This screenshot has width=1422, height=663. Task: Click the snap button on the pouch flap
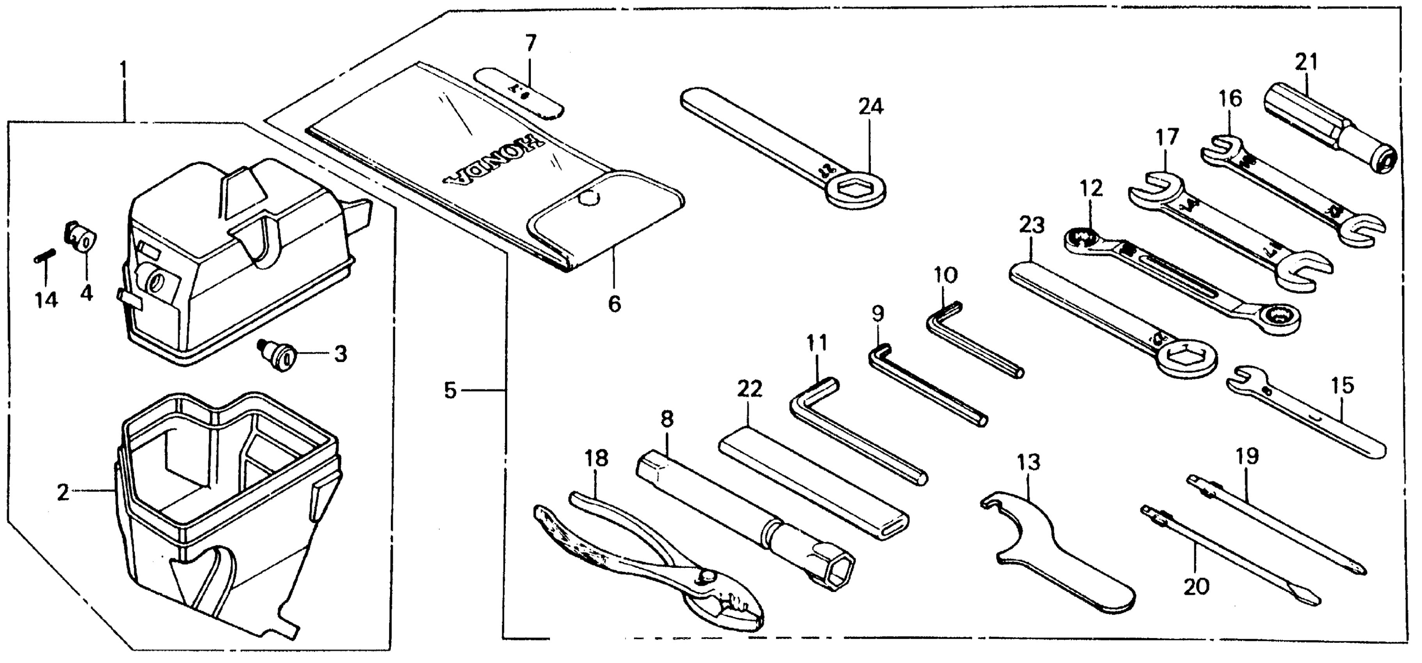589,197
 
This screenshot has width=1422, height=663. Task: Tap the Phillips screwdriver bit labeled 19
1275,525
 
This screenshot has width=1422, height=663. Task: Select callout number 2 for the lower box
63,492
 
